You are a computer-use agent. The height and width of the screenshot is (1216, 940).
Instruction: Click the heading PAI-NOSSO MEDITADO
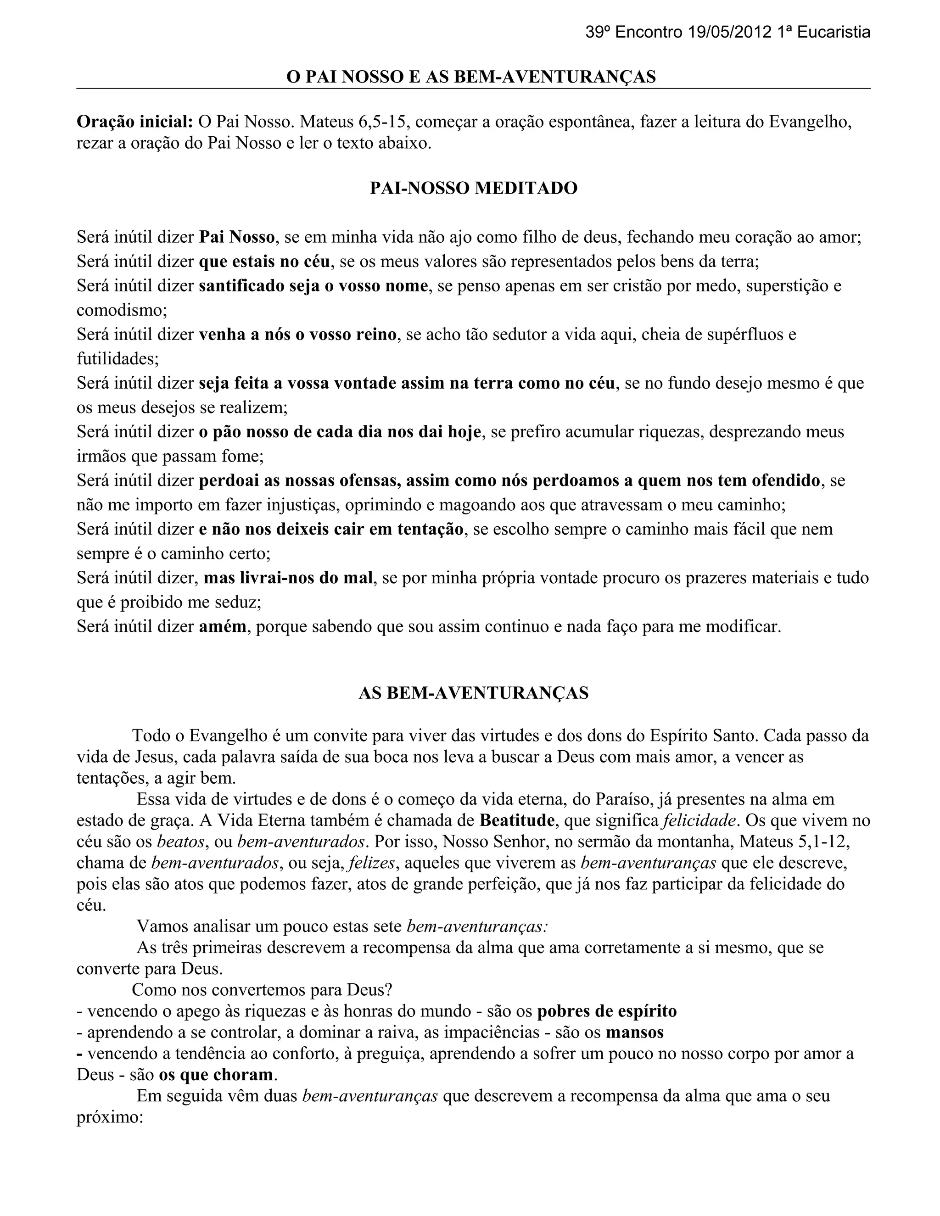pyautogui.click(x=473, y=188)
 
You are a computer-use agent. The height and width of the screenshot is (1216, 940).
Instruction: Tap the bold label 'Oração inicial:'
pyautogui.click(x=135, y=122)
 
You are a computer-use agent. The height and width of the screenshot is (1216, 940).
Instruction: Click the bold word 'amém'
pyautogui.click(x=223, y=626)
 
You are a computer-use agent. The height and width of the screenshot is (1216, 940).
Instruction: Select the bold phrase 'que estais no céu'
pyautogui.click(x=264, y=261)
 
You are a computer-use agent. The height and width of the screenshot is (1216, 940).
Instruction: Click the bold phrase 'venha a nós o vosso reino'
pyautogui.click(x=298, y=335)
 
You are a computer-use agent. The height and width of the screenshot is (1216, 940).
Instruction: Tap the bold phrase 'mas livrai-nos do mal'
pyautogui.click(x=288, y=578)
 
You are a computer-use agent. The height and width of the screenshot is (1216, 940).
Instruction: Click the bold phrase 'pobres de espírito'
pyautogui.click(x=607, y=1010)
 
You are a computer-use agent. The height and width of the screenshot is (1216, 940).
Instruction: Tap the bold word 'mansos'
pyautogui.click(x=635, y=1032)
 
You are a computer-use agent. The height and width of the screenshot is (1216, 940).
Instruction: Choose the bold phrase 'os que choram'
pyautogui.click(x=216, y=1075)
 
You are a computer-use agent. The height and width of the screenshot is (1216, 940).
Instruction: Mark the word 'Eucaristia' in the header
pyautogui.click(x=834, y=32)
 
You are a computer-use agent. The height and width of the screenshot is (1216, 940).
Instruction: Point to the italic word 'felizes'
pyautogui.click(x=372, y=863)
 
